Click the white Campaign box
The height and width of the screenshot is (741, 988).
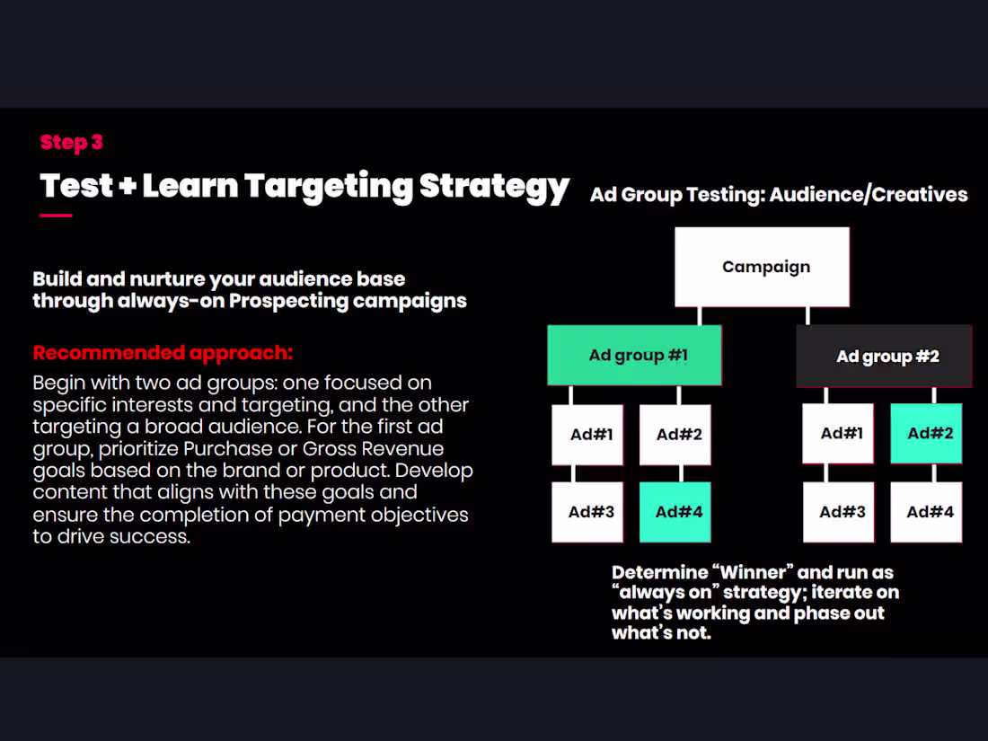pyautogui.click(x=763, y=267)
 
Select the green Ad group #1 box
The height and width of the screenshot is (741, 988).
pyautogui.click(x=634, y=355)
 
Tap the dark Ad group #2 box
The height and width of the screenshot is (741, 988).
pyautogui.click(x=885, y=357)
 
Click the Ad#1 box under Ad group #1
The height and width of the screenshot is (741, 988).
pyautogui.click(x=587, y=435)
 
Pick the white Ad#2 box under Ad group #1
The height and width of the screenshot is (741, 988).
pyautogui.click(x=675, y=435)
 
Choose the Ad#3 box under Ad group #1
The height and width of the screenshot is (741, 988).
pyautogui.click(x=587, y=512)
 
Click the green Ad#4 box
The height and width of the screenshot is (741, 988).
pyautogui.click(x=675, y=512)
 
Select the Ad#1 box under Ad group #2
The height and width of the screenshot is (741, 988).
pyautogui.click(x=838, y=433)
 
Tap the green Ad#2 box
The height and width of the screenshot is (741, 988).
pyautogui.click(x=926, y=433)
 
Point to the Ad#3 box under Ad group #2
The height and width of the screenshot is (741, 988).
pyautogui.click(x=838, y=512)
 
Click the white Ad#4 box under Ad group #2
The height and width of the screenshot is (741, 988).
pyautogui.click(x=926, y=512)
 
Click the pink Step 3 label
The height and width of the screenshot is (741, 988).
pyautogui.click(x=72, y=142)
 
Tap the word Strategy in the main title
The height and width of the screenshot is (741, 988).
pyautogui.click(x=494, y=186)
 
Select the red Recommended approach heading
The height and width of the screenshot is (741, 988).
pyautogui.click(x=163, y=352)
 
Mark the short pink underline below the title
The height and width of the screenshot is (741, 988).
pyautogui.click(x=56, y=216)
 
